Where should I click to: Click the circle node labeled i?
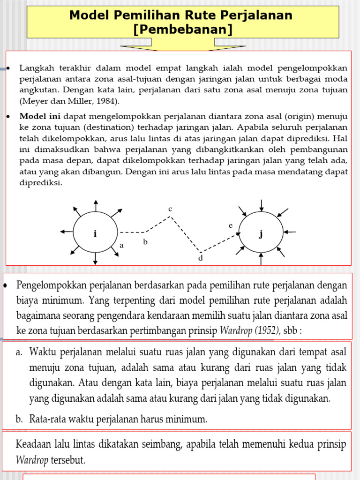(95, 233)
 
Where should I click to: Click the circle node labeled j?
(261, 233)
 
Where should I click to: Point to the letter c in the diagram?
(171, 208)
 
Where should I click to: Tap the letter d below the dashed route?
(200, 258)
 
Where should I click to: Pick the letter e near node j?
(230, 225)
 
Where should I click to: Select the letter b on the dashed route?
(145, 242)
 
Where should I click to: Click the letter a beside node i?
(121, 245)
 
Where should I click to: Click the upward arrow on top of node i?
(96, 205)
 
